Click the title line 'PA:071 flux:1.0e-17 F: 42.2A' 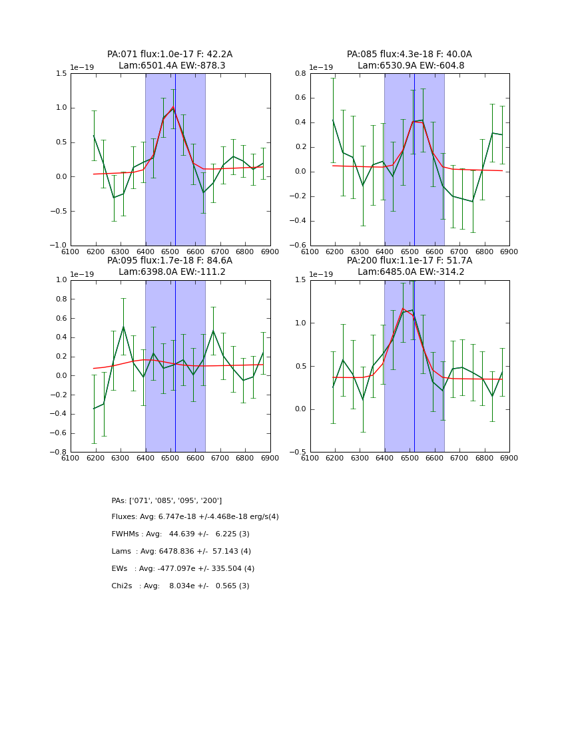[x=170, y=55]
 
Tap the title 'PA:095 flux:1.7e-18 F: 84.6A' [x=170, y=261]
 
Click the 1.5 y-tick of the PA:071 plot [x=61, y=73]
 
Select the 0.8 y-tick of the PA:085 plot [x=300, y=73]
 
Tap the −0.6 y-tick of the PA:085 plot [x=298, y=246]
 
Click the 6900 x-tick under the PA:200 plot [x=509, y=458]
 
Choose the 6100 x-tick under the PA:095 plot [x=71, y=458]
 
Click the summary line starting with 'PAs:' [x=166, y=500]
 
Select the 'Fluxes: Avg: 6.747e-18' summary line [x=195, y=517]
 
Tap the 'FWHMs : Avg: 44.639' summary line [x=180, y=534]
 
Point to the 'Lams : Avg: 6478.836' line [x=181, y=552]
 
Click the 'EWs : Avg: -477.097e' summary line [x=183, y=569]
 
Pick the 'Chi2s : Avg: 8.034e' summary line [x=180, y=586]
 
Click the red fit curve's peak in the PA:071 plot [x=173, y=107]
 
